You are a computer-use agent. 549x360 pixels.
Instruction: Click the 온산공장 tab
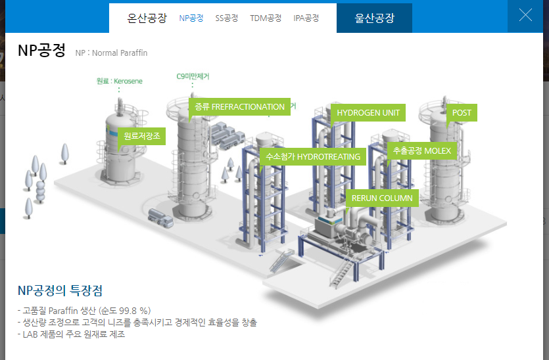pyautogui.click(x=147, y=18)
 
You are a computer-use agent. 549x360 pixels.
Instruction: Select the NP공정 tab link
pyautogui.click(x=191, y=18)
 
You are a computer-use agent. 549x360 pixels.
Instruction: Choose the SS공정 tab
pyautogui.click(x=227, y=18)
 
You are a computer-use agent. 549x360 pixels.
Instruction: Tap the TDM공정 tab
pyautogui.click(x=266, y=18)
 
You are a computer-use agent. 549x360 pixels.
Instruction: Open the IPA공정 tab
pyautogui.click(x=306, y=18)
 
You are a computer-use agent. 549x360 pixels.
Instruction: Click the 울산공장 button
pyautogui.click(x=374, y=18)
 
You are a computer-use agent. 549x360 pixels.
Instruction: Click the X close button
pyautogui.click(x=525, y=16)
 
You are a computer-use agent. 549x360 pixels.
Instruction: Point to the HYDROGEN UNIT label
pyautogui.click(x=368, y=113)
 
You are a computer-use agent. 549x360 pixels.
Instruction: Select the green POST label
pyautogui.click(x=462, y=113)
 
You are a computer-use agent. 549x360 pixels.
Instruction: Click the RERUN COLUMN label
pyautogui.click(x=382, y=198)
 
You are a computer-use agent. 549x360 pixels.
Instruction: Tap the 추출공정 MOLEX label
pyautogui.click(x=422, y=150)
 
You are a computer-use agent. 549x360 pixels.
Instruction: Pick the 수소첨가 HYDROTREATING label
pyautogui.click(x=313, y=156)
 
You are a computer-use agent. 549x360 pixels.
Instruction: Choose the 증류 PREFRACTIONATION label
pyautogui.click(x=240, y=107)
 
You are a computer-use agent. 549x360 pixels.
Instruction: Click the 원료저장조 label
pyautogui.click(x=141, y=137)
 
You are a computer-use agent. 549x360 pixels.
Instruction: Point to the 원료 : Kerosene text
pyautogui.click(x=119, y=81)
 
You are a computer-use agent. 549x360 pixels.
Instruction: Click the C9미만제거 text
pyautogui.click(x=193, y=76)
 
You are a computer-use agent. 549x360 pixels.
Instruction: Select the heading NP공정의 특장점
pyautogui.click(x=60, y=290)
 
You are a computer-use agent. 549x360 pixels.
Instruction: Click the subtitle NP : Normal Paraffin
pyautogui.click(x=111, y=53)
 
